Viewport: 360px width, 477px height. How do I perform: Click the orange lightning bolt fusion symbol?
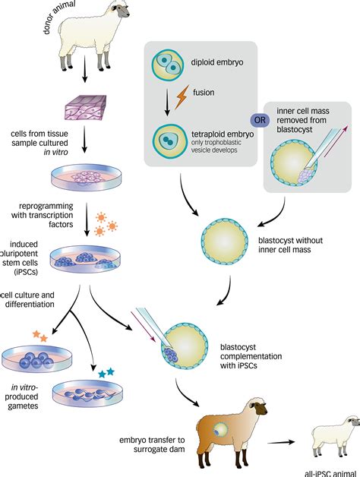point(182,96)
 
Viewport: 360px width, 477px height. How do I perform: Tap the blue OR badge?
point(260,120)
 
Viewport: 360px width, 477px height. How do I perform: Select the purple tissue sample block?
point(86,107)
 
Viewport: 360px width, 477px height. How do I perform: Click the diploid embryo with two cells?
point(168,65)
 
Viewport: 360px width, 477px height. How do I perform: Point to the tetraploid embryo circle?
point(170,141)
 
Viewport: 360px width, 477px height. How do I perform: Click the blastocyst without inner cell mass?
point(225,242)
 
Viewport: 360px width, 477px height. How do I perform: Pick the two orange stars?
point(40,336)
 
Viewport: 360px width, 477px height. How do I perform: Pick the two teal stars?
point(106,372)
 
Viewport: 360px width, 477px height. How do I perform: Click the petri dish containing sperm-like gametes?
point(88,393)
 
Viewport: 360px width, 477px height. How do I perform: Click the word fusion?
point(204,92)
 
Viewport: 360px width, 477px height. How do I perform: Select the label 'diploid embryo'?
point(217,62)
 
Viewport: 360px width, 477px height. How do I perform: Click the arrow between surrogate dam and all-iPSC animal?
point(281,442)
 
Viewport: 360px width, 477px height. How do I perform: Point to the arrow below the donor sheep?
point(85,69)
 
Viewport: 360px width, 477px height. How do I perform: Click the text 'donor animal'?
point(59,17)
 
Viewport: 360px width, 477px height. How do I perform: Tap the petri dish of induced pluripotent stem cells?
point(86,259)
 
